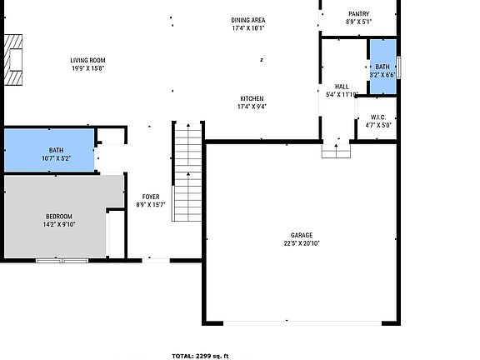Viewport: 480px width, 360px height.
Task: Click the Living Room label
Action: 87,60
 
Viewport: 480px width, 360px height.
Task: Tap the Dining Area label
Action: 248,20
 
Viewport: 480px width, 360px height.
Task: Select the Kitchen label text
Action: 252,98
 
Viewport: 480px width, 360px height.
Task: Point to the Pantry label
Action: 357,13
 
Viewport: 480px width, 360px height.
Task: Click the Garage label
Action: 302,236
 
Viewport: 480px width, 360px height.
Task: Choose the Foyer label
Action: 150,197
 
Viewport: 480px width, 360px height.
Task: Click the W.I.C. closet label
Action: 378,117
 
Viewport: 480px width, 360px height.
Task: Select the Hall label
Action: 342,87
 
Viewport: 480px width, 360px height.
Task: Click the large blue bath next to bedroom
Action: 49,151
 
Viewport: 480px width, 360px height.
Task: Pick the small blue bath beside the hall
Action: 382,59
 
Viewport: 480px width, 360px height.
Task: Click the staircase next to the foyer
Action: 187,171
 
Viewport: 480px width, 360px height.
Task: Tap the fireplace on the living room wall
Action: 14,60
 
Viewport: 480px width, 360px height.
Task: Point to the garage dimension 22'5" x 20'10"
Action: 302,244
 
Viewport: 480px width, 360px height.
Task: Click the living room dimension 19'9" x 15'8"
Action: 87,69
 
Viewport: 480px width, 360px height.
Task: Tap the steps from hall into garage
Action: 336,150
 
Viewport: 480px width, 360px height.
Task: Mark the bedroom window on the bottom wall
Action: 62,261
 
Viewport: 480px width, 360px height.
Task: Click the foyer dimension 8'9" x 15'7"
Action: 150,205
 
